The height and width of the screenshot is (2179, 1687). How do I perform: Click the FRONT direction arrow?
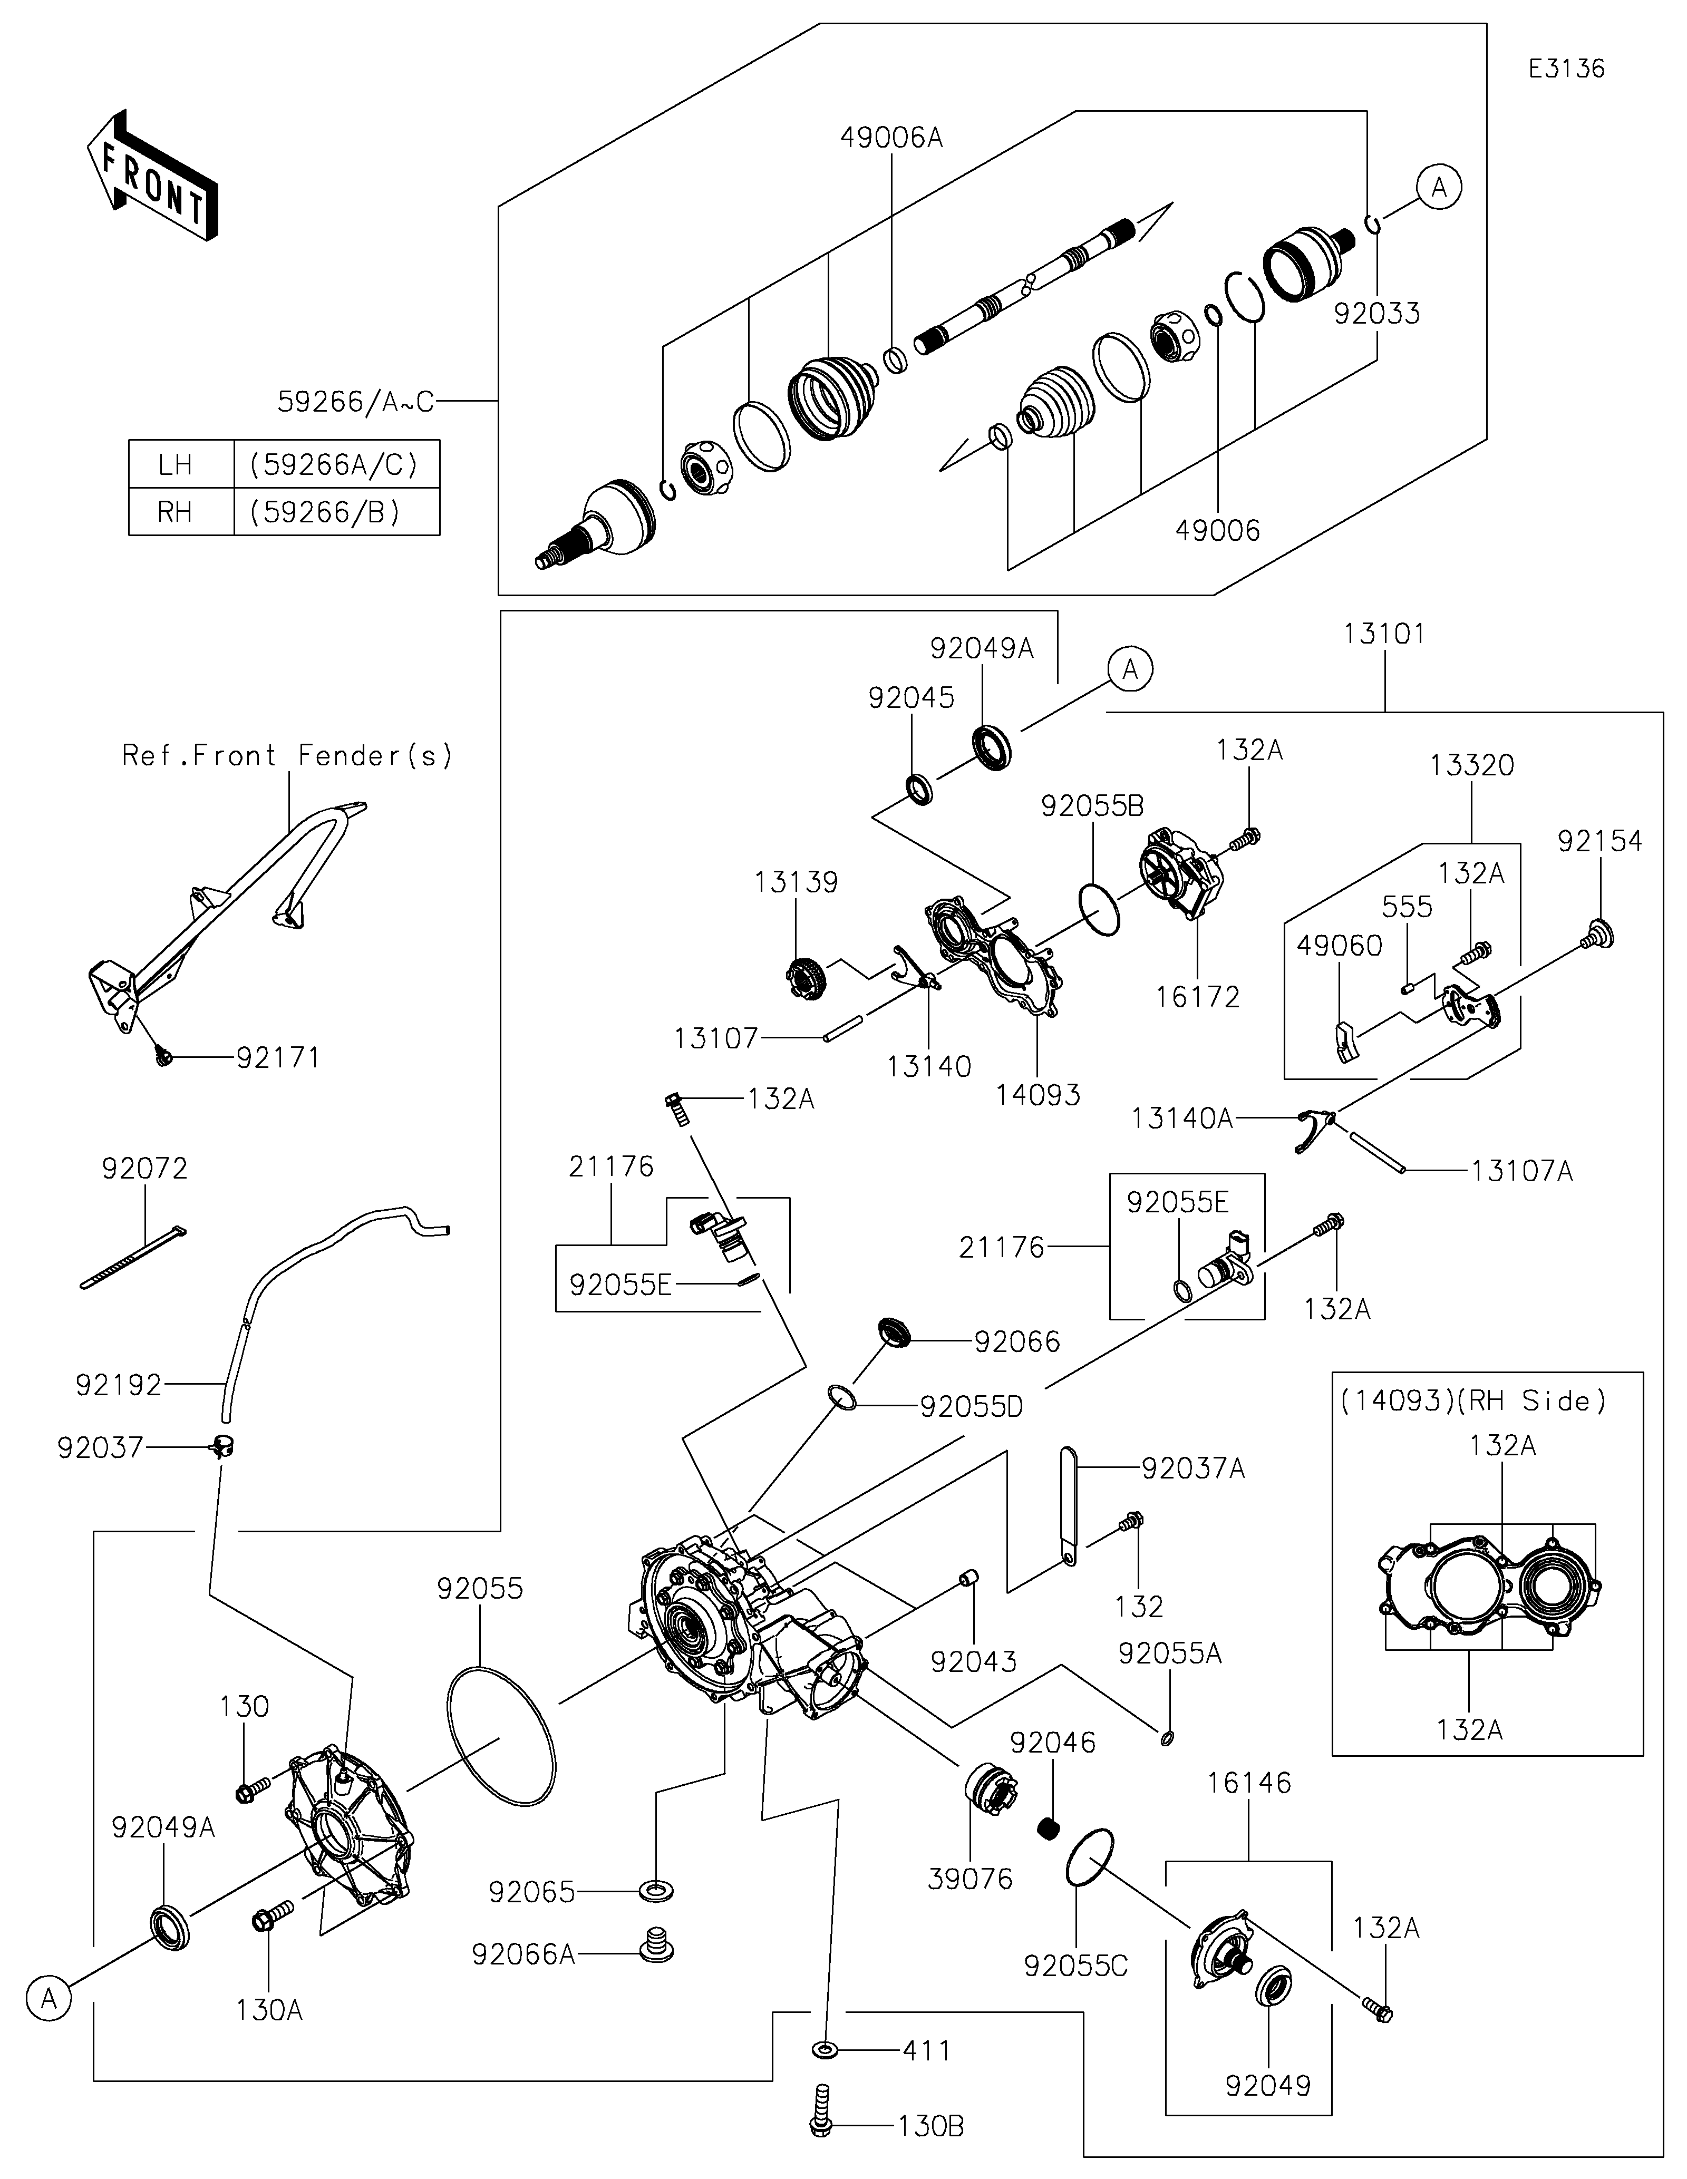pyautogui.click(x=152, y=176)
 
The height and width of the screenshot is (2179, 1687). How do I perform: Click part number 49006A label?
pyautogui.click(x=891, y=138)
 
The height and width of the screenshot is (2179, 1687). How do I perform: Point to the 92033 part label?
pyautogui.click(x=1376, y=313)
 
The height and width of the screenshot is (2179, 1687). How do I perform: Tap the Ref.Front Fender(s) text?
pyautogui.click(x=287, y=755)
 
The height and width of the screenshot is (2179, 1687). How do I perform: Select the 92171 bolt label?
pyautogui.click(x=278, y=1057)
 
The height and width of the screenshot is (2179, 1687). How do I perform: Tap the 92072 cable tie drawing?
pyautogui.click(x=132, y=1259)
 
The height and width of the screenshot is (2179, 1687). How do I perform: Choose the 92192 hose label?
pyautogui.click(x=118, y=1385)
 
